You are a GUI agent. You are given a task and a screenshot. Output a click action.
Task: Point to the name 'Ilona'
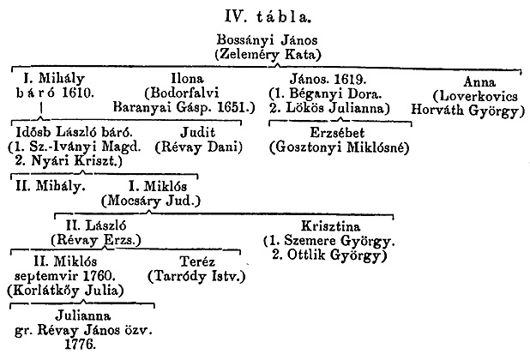[x=188, y=75]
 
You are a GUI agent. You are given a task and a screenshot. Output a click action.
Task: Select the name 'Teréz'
[x=197, y=261]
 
